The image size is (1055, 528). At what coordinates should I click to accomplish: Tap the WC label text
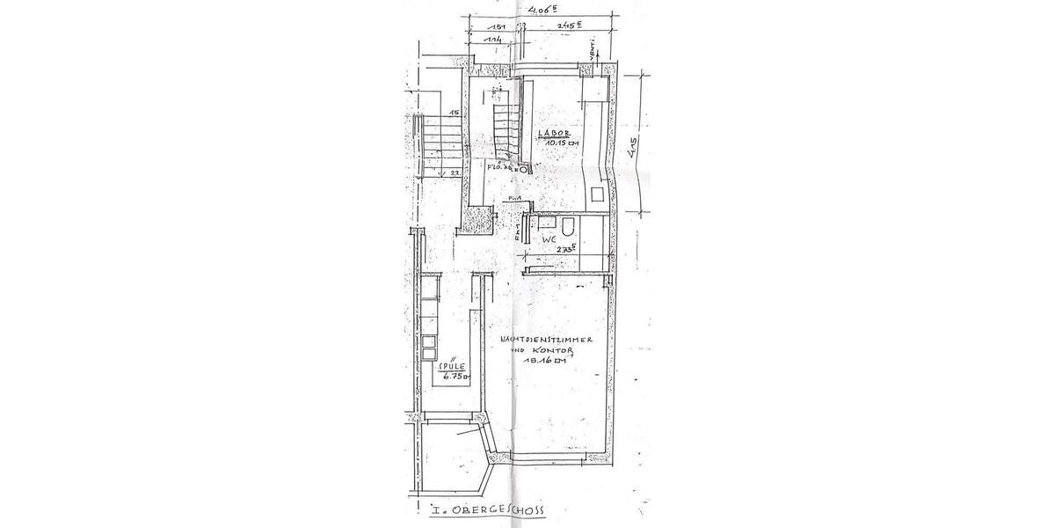tap(550, 238)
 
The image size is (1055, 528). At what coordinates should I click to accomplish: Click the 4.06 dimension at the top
tap(538, 11)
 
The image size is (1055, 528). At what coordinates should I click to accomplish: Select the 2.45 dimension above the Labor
tap(570, 28)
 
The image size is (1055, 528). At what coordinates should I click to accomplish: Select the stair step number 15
tap(455, 114)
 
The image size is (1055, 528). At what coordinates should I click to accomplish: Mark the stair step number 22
tap(455, 173)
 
